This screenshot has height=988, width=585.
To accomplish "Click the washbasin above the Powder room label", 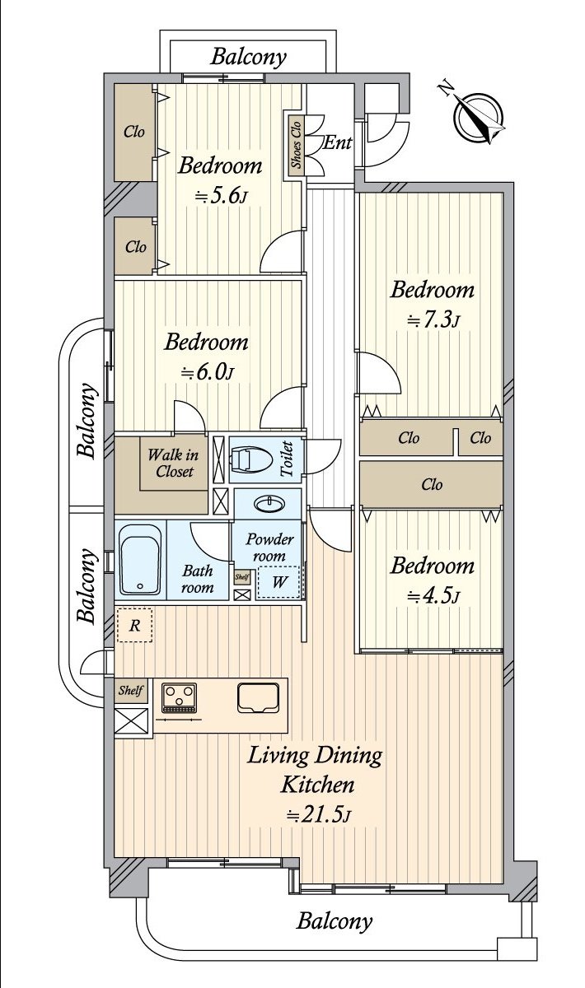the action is click(267, 504).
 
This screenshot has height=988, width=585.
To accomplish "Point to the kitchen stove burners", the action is click(179, 698).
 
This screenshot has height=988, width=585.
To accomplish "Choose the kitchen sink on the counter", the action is click(258, 698).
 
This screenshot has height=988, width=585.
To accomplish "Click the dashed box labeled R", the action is click(134, 626).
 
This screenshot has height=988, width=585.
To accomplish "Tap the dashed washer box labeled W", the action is click(278, 582).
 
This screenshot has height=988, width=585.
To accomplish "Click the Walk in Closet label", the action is click(173, 463).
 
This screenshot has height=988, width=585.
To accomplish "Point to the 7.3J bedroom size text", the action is click(433, 319).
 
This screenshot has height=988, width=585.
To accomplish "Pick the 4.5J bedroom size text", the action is click(433, 595).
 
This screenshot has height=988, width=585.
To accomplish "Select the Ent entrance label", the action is click(338, 142).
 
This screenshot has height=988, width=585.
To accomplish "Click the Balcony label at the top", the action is click(248, 57).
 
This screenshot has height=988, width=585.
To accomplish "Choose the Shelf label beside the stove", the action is click(130, 690).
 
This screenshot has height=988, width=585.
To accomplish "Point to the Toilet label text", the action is click(287, 459).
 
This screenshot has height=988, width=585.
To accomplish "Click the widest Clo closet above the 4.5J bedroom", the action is click(432, 484).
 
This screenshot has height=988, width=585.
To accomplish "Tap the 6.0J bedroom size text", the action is click(207, 372).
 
